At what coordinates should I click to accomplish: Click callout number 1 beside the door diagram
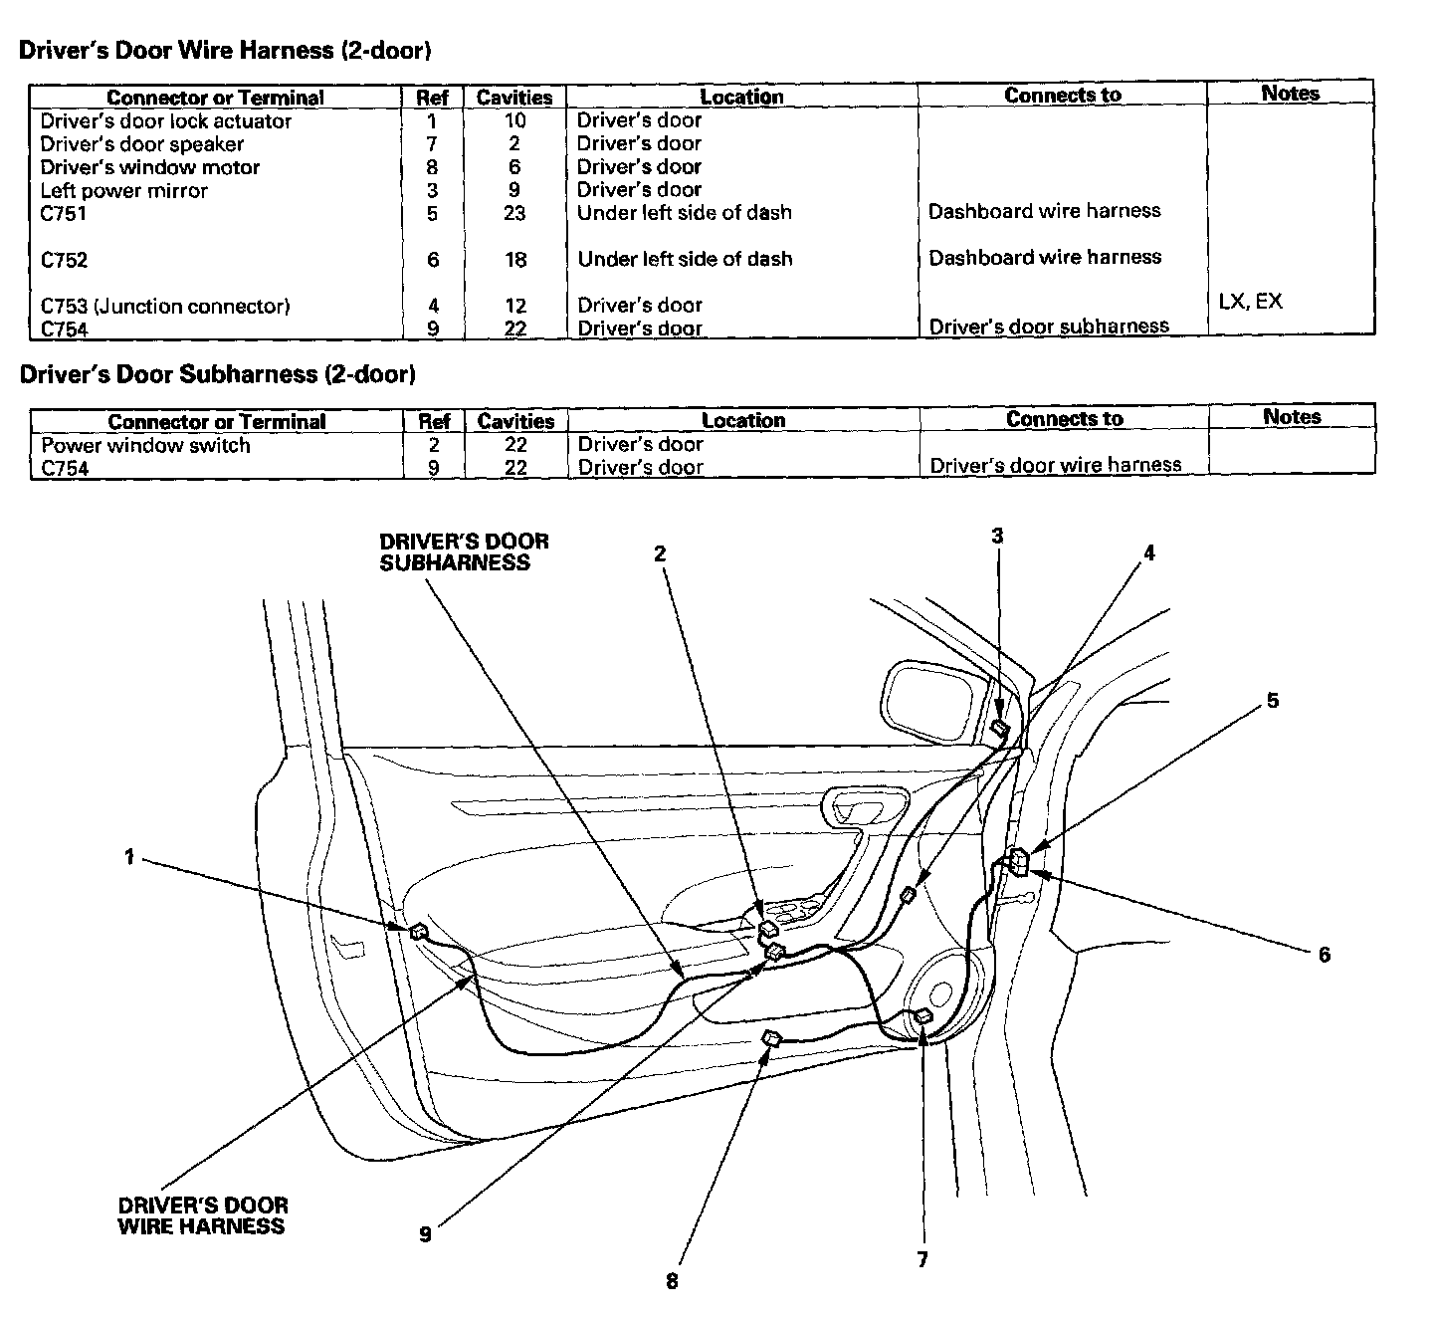tap(128, 856)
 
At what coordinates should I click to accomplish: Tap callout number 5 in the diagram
tap(1272, 701)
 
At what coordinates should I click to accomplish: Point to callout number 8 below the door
tap(672, 1281)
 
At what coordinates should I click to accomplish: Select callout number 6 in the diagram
tap(1324, 955)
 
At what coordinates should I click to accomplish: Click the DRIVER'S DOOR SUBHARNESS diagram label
tap(464, 552)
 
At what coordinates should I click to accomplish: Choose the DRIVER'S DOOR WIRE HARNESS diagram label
tap(202, 1216)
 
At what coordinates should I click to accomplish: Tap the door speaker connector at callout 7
tap(923, 1016)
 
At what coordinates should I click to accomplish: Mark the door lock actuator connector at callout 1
tap(419, 932)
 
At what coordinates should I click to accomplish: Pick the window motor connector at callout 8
tap(772, 1039)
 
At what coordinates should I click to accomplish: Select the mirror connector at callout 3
tap(999, 729)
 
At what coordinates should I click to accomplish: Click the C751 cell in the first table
tap(64, 214)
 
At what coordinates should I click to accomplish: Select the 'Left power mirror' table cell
tap(124, 190)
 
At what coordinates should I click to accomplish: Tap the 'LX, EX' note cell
tap(1250, 301)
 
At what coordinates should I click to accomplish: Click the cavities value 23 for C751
tap(513, 213)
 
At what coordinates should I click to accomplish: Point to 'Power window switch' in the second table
tap(145, 445)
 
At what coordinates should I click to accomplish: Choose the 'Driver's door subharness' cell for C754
tap(1048, 327)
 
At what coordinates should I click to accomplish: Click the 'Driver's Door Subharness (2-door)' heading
tap(217, 374)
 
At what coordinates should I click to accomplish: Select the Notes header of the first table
tap(1290, 94)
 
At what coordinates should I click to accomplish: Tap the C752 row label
tap(64, 260)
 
